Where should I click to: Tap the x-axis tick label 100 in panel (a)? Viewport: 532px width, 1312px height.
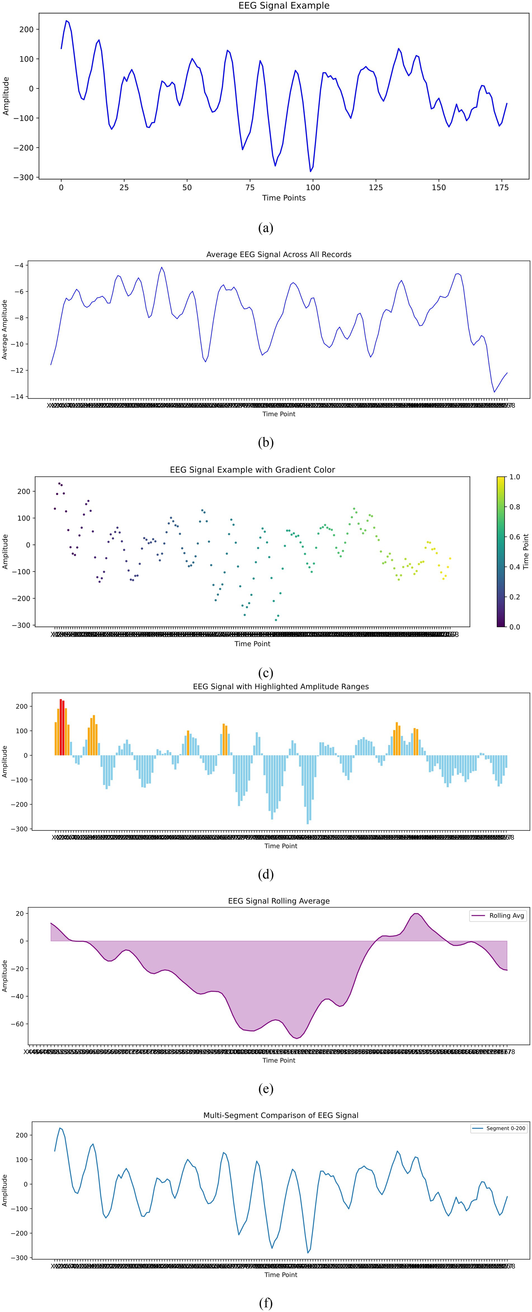(313, 187)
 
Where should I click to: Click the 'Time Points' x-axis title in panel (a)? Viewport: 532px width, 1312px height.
(284, 198)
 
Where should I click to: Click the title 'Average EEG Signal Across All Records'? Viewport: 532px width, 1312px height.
(279, 255)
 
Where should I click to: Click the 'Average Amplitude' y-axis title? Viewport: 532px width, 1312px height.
(5, 330)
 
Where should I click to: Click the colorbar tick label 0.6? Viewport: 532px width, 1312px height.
(515, 537)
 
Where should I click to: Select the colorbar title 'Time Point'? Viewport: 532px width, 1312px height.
(526, 551)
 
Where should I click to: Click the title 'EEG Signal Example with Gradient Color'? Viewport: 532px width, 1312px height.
(253, 470)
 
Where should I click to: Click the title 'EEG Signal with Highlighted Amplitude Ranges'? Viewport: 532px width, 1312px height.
(281, 687)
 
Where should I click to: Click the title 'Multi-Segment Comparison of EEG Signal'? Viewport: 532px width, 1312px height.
(281, 1115)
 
